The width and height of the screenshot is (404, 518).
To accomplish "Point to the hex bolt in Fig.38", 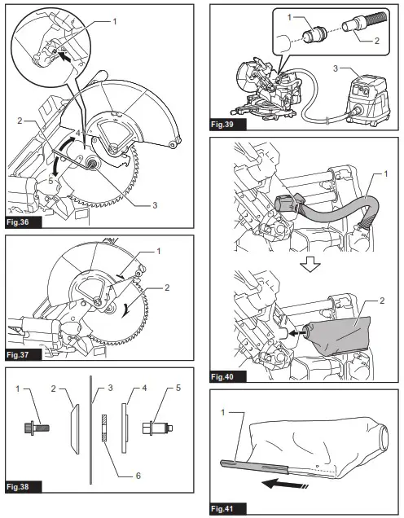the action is point(37,428).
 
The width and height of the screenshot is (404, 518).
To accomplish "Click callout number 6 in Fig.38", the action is point(138,476).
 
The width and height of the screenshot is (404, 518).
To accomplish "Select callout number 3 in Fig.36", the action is point(155,205).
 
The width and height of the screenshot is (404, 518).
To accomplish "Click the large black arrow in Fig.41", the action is point(284,485).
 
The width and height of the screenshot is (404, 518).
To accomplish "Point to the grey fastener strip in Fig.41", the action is point(255,465).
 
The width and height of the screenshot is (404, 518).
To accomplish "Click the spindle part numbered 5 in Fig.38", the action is point(157,428).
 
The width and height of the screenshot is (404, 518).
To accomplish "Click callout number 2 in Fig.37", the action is point(167,288).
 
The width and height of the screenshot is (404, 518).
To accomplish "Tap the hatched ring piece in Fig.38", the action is point(103,428).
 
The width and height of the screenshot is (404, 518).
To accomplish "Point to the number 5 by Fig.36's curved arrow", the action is point(50,181).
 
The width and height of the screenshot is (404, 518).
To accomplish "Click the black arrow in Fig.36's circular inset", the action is point(66,59).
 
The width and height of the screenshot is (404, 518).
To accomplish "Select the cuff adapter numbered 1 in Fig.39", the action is point(314,34).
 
